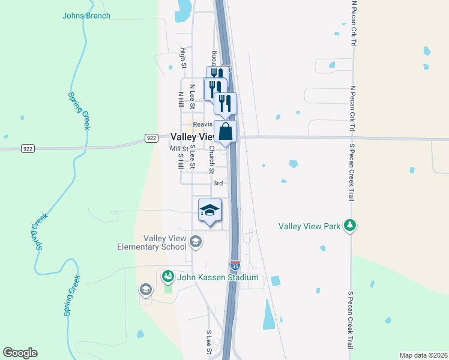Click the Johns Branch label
[86, 16]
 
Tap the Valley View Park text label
[310, 227]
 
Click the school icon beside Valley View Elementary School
[195, 242]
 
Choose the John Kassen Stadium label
[217, 278]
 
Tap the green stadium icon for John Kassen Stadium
[167, 277]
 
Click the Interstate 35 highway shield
[235, 264]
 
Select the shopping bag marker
[225, 132]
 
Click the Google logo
[20, 353]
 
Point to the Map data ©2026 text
[423, 355]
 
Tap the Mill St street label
[179, 148]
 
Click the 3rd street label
[218, 183]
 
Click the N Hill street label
[180, 100]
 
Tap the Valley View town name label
[192, 137]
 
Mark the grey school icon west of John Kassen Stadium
[145, 290]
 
